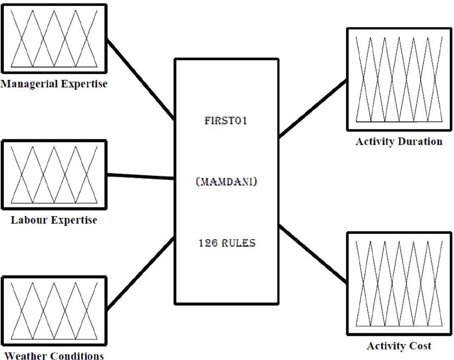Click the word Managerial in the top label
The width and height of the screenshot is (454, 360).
pyautogui.click(x=29, y=84)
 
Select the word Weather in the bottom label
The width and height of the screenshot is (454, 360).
pyautogui.click(x=26, y=356)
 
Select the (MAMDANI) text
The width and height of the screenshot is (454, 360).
pyautogui.click(x=226, y=182)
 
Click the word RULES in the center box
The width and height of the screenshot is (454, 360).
pyautogui.click(x=238, y=243)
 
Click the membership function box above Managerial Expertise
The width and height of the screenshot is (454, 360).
pyautogui.click(x=54, y=38)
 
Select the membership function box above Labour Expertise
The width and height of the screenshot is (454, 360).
pyautogui.click(x=54, y=175)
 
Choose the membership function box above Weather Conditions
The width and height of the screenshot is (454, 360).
pyautogui.click(x=54, y=311)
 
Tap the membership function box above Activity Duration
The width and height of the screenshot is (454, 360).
pyautogui.click(x=399, y=80)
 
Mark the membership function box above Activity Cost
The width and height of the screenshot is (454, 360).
pyautogui.click(x=399, y=284)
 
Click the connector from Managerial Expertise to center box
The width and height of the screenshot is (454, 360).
pyautogui.click(x=141, y=80)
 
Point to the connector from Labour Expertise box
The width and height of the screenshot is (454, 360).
pyautogui.click(x=141, y=176)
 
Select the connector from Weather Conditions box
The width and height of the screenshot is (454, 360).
pyautogui.click(x=141, y=273)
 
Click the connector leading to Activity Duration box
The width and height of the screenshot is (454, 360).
pyautogui.click(x=312, y=109)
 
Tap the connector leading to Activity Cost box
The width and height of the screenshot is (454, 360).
pyautogui.click(x=312, y=253)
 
